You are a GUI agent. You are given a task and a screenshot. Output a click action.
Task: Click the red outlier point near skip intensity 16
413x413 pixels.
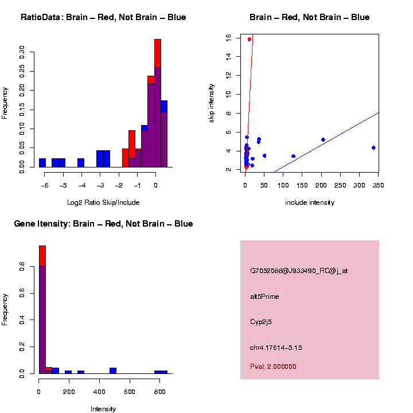tap(250, 39)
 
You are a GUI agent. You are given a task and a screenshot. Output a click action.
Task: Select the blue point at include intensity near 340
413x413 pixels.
tap(373, 147)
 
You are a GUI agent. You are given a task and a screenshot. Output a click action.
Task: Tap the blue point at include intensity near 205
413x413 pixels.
tap(323, 139)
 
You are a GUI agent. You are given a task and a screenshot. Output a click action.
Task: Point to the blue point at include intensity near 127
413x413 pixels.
tap(293, 156)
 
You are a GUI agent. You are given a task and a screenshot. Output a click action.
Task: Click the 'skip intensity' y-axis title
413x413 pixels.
tap(212, 102)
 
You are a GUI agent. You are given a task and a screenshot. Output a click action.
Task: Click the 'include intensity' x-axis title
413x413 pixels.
tap(310, 202)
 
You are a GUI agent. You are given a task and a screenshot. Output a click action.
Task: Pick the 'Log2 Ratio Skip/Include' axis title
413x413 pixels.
tap(103, 202)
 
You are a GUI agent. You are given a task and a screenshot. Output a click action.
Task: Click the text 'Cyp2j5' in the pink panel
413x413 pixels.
tap(261, 322)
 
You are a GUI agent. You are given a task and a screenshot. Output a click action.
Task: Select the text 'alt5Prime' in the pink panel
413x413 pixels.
tap(264, 297)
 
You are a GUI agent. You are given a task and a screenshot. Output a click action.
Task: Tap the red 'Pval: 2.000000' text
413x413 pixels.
tap(273, 366)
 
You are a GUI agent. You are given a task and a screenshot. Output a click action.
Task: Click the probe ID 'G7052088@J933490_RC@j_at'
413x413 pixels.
tap(298, 271)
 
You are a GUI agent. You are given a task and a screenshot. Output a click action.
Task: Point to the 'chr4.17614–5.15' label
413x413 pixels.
tap(276, 348)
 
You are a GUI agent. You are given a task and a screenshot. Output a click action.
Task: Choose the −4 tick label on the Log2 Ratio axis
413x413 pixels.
tap(81, 185)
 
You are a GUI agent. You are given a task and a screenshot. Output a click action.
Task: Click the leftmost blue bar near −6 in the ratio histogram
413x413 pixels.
tap(42, 163)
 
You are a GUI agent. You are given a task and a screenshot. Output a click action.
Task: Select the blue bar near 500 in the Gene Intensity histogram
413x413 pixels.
tap(113, 371)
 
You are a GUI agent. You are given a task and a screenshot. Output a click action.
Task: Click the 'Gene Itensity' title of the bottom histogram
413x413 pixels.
tap(103, 224)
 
